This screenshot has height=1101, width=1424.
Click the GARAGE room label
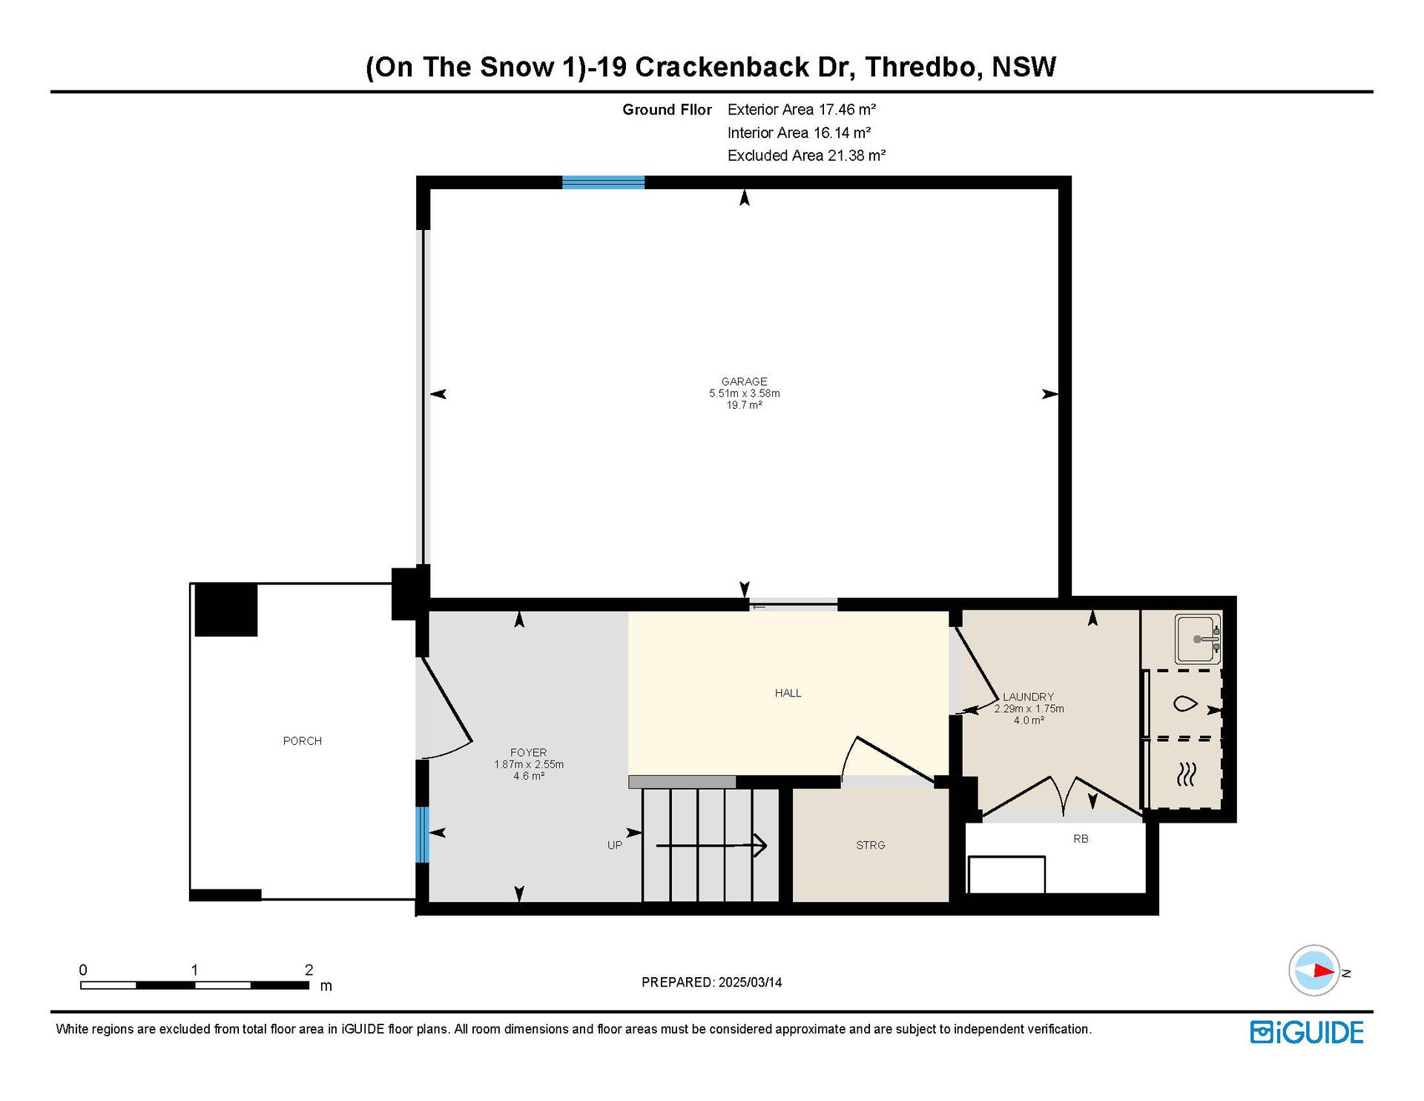click(x=744, y=381)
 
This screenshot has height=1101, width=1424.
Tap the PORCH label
click(x=303, y=740)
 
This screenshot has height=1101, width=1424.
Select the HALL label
click(x=788, y=693)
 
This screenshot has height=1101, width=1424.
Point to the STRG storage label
click(x=871, y=845)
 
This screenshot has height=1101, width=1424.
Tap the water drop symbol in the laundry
click(x=1185, y=703)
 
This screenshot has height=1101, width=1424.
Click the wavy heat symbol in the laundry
click(x=1186, y=775)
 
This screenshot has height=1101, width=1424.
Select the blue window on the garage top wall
click(x=603, y=183)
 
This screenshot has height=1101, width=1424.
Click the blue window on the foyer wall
click(x=422, y=835)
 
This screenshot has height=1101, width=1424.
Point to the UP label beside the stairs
click(x=615, y=845)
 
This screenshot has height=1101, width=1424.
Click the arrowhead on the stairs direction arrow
click(x=761, y=845)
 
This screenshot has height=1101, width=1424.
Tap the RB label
click(x=1081, y=838)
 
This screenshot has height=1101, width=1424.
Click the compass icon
click(x=1314, y=970)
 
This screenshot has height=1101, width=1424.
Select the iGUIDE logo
click(x=1307, y=1032)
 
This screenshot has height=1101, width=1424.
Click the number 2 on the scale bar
click(x=309, y=970)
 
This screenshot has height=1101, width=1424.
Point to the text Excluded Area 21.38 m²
click(x=806, y=155)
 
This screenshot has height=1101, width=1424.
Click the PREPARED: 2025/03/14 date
click(x=711, y=982)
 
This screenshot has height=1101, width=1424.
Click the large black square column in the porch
click(x=226, y=610)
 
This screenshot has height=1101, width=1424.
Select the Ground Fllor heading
click(x=667, y=110)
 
